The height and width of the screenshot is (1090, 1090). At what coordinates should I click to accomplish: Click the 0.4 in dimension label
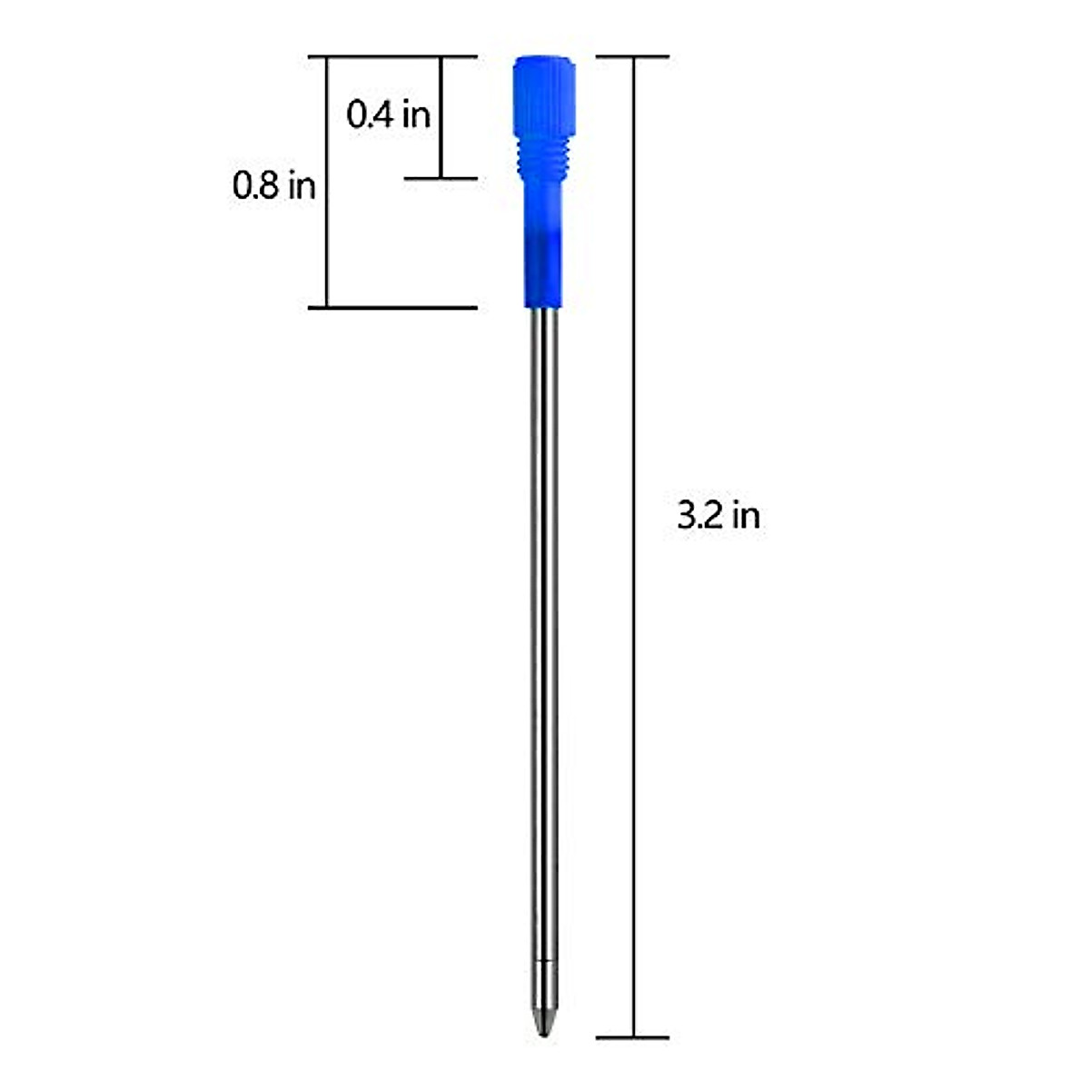[388, 114]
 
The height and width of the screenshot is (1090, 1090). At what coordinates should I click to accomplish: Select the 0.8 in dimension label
[274, 186]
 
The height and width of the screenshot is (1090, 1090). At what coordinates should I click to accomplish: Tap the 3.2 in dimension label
[718, 516]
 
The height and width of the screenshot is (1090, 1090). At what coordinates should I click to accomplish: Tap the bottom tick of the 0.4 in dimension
[441, 178]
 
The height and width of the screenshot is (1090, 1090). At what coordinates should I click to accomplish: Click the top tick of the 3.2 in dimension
[632, 57]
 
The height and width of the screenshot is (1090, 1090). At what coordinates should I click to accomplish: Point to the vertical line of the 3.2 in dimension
[633, 727]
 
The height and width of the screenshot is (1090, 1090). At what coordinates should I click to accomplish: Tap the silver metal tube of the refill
[544, 636]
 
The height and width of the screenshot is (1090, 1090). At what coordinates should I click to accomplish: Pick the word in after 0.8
[302, 186]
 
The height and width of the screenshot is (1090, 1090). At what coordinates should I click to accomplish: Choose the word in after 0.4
[416, 114]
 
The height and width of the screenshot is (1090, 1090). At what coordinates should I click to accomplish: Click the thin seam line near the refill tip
[543, 960]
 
